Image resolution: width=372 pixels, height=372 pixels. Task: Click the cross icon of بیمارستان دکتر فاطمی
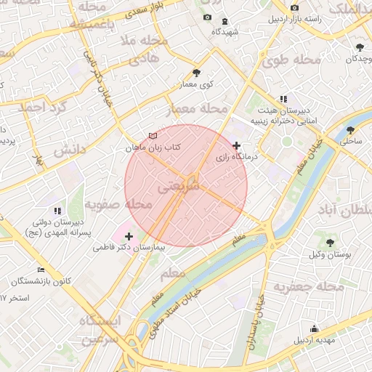tap(129, 236)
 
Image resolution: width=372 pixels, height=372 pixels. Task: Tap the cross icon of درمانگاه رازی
tap(236, 146)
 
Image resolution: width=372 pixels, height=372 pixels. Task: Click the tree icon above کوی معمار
tap(196, 73)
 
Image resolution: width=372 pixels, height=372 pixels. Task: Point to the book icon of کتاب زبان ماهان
tap(152, 136)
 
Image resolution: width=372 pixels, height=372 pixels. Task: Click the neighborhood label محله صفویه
tap(117, 205)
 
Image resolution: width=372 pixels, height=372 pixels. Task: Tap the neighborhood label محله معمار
tap(194, 109)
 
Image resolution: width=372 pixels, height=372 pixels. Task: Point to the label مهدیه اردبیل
tap(314, 341)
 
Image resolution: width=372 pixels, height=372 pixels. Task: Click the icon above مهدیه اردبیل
tap(314, 328)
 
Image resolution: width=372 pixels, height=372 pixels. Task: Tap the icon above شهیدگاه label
tap(224, 21)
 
